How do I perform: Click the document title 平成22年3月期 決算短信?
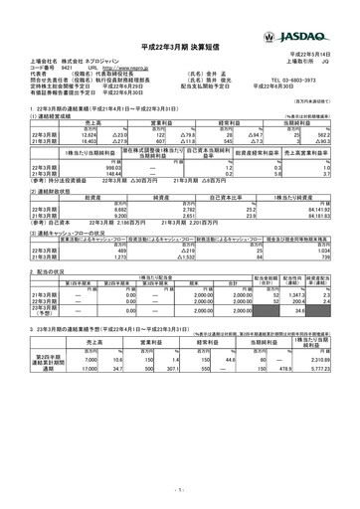coord(180,47)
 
